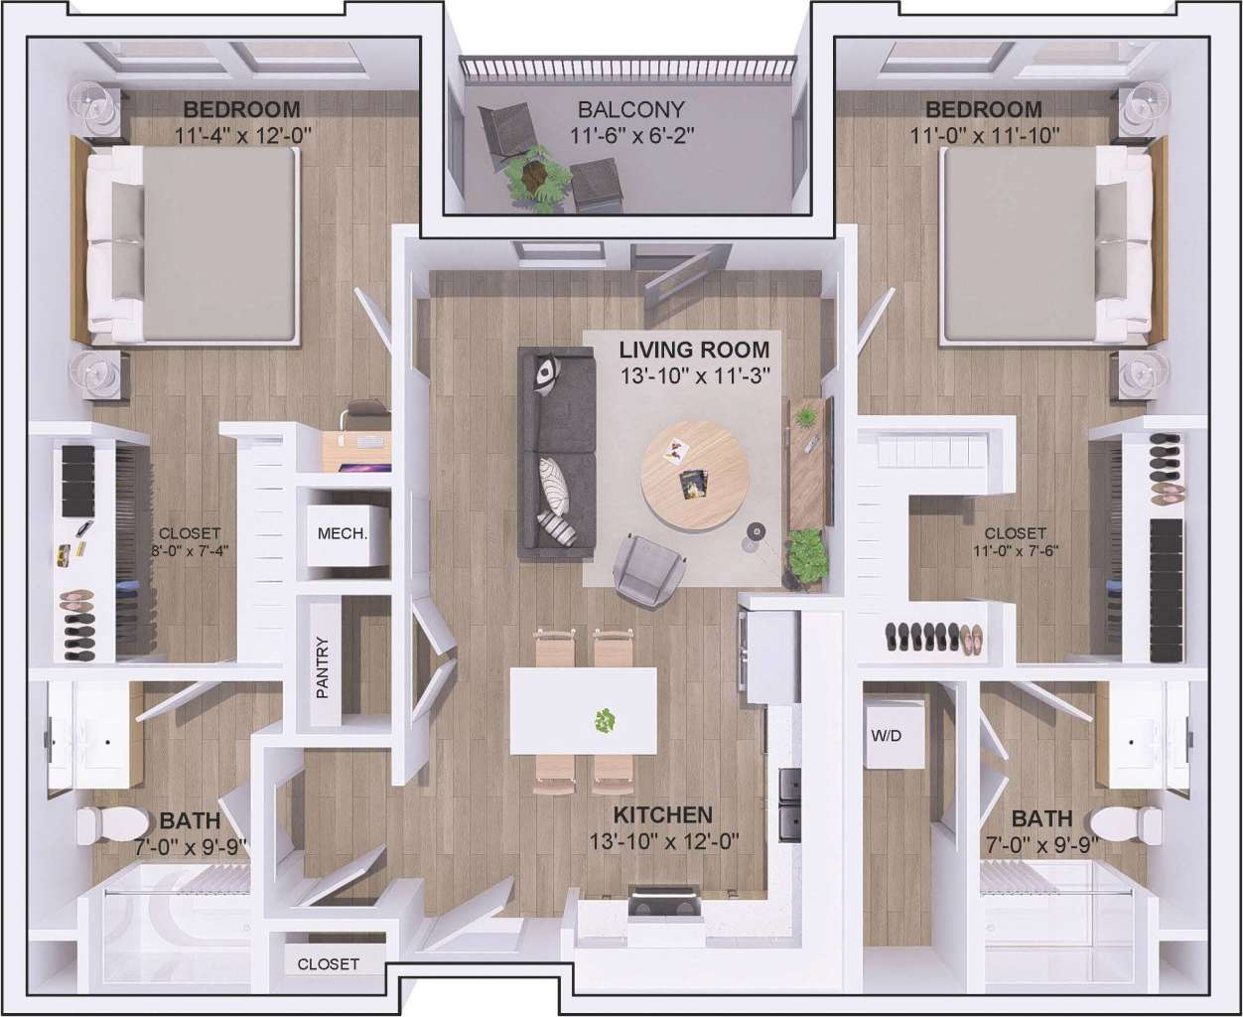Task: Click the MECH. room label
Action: pyautogui.click(x=342, y=533)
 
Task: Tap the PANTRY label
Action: pyautogui.click(x=322, y=667)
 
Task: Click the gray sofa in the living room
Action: pyautogui.click(x=555, y=453)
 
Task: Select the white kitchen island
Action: pyautogui.click(x=583, y=710)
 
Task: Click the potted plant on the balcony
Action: pyautogui.click(x=538, y=179)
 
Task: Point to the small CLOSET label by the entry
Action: pyautogui.click(x=328, y=963)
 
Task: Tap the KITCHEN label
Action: pyautogui.click(x=662, y=815)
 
